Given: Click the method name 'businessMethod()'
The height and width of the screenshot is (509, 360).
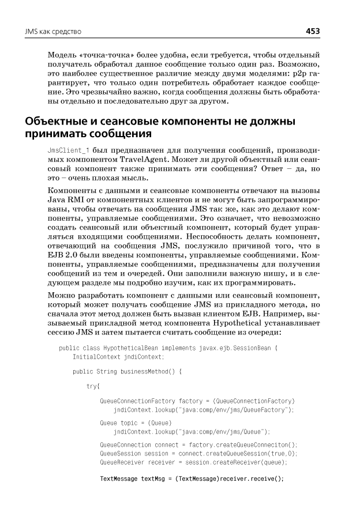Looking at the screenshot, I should [148, 372].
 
